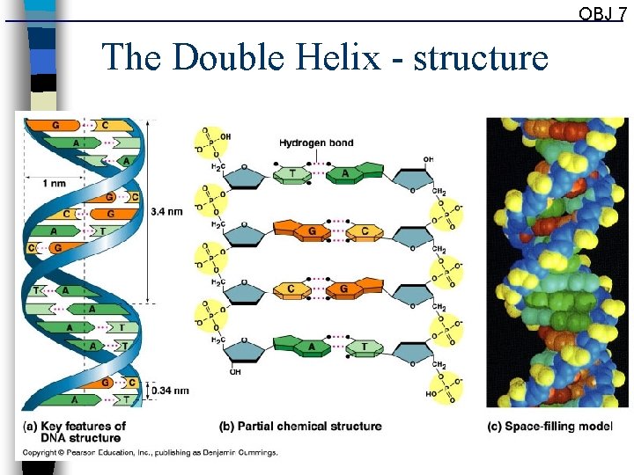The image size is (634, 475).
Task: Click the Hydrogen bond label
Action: [x=316, y=142]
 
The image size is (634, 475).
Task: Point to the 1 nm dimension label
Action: [x=54, y=182]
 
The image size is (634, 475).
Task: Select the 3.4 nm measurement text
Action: [x=166, y=211]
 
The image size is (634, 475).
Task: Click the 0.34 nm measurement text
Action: [x=169, y=390]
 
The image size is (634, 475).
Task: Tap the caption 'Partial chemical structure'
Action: [x=300, y=426]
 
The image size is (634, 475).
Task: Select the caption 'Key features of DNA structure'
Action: [x=74, y=431]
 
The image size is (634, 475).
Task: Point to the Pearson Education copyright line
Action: [x=150, y=452]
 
